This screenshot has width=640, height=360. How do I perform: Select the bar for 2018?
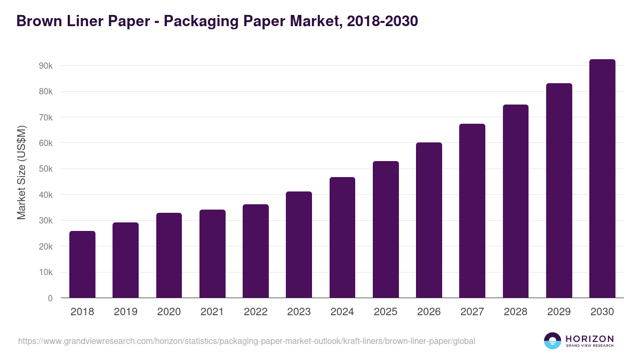(x=82, y=265)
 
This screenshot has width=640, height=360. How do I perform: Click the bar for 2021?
(x=212, y=254)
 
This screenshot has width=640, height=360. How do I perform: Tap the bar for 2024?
(x=342, y=237)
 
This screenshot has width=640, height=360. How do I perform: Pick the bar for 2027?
(x=472, y=211)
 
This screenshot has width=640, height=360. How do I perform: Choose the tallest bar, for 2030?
(x=602, y=179)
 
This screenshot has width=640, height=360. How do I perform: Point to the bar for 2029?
(x=559, y=190)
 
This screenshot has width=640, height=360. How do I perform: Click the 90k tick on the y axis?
(x=45, y=66)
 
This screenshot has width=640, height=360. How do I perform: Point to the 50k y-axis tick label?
(x=45, y=169)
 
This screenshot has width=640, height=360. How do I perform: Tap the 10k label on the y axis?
(x=45, y=273)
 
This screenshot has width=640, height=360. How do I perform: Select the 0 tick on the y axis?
(x=50, y=299)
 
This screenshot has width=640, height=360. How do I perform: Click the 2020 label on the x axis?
(x=169, y=312)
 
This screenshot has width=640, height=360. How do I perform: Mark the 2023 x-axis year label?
(x=299, y=312)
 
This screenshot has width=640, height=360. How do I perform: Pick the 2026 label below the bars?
(x=429, y=312)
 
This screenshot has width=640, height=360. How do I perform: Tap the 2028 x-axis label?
(x=516, y=312)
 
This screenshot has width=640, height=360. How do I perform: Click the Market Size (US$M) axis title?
(x=21, y=172)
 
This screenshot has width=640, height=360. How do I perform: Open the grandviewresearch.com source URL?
(x=246, y=341)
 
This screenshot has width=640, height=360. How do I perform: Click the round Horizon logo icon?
(x=553, y=341)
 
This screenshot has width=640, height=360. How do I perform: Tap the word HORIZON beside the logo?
(x=589, y=339)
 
